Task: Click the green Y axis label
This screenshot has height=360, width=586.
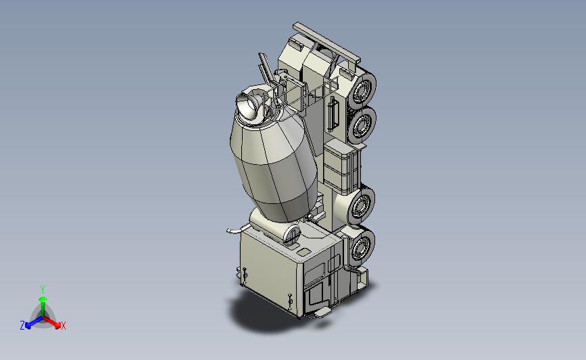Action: (42, 290)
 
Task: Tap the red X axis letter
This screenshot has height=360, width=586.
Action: (63, 326)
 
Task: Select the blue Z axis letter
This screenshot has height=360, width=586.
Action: (22, 326)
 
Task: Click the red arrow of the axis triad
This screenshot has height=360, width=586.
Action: (51, 322)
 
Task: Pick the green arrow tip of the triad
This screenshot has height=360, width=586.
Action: (43, 299)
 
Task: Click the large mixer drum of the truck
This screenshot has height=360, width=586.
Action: (274, 164)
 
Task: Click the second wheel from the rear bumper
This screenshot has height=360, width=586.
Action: (362, 125)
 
